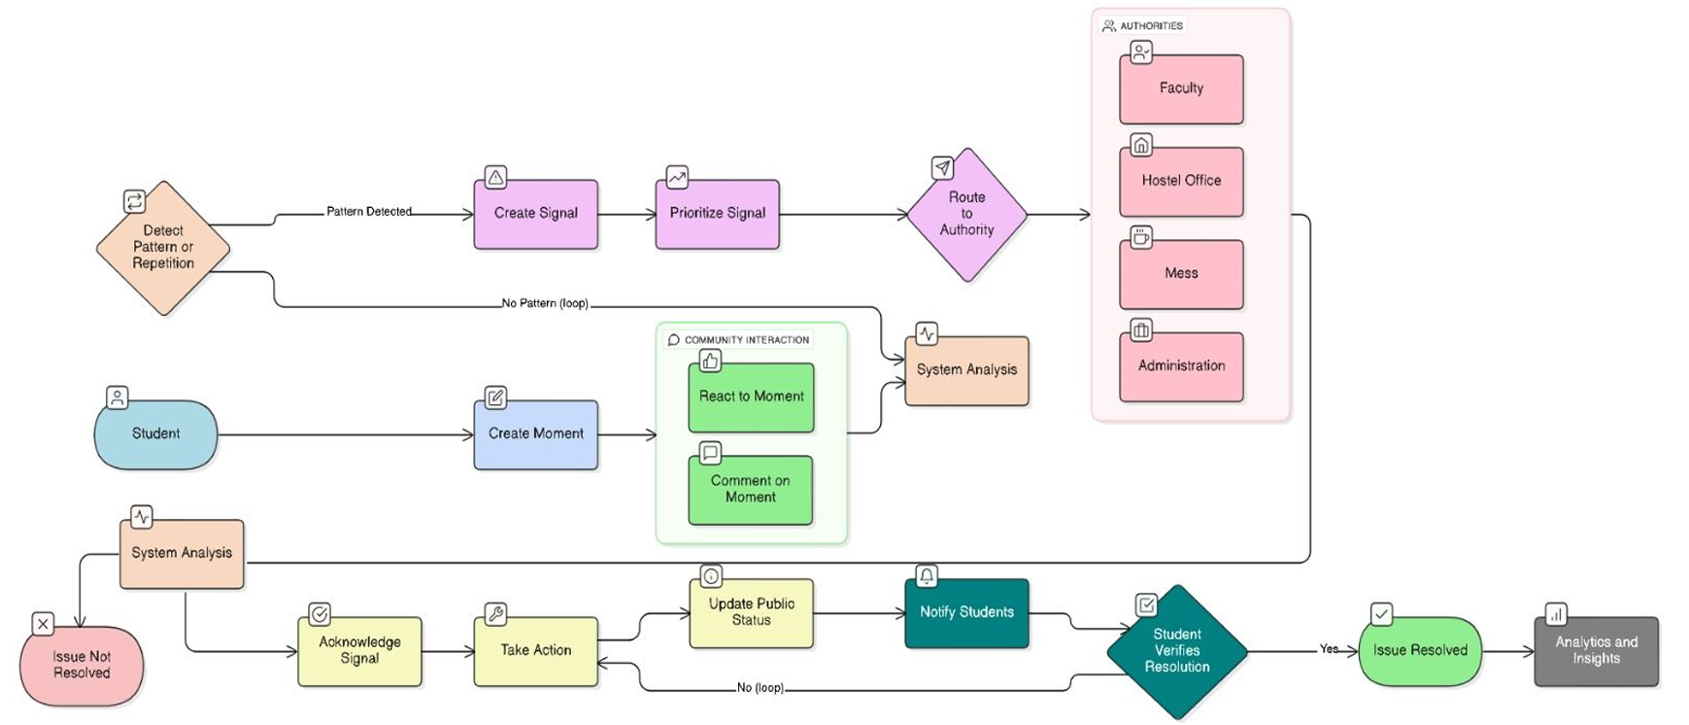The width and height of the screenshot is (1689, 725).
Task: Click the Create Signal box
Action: tap(535, 214)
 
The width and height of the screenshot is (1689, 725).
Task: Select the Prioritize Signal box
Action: tap(717, 214)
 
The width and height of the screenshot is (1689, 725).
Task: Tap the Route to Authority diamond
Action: tap(966, 215)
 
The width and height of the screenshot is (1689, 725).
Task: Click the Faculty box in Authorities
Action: tap(1181, 89)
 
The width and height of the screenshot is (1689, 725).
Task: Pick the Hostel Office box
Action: tap(1181, 182)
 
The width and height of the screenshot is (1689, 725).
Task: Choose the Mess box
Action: tap(1181, 274)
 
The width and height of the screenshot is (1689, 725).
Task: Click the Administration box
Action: tap(1181, 366)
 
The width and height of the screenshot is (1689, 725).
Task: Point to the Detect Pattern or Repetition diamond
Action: tap(163, 248)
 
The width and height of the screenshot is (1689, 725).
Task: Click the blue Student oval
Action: tap(155, 434)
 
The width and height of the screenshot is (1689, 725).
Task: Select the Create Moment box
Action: tap(535, 434)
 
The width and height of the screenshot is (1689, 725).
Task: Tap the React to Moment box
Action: tap(751, 397)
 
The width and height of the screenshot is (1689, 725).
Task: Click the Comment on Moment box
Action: tap(750, 490)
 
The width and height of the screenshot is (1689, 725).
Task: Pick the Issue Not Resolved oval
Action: tap(82, 666)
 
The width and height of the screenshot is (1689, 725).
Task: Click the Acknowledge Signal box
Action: tap(359, 651)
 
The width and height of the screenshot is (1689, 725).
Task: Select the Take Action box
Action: tap(535, 651)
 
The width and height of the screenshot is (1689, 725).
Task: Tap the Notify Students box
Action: tap(966, 613)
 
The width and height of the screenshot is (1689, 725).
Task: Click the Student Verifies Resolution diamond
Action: tap(1177, 651)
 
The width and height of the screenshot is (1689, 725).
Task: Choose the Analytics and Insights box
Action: tap(1596, 651)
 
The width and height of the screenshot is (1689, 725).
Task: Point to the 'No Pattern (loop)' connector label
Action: tap(545, 303)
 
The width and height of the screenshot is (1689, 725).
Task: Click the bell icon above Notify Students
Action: tap(927, 576)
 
